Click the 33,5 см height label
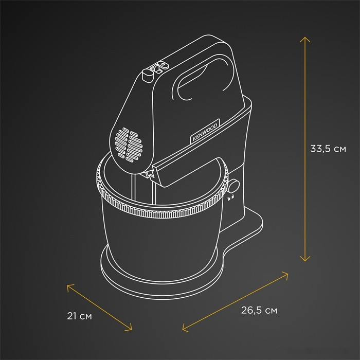pos(328,149)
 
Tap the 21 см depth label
pos(79,315)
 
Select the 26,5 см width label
pos(259,310)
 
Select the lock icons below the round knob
pos(230,196)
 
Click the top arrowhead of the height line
pos(305,38)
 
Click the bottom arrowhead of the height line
pos(305,260)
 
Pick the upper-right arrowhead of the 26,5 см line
pos(287,274)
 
